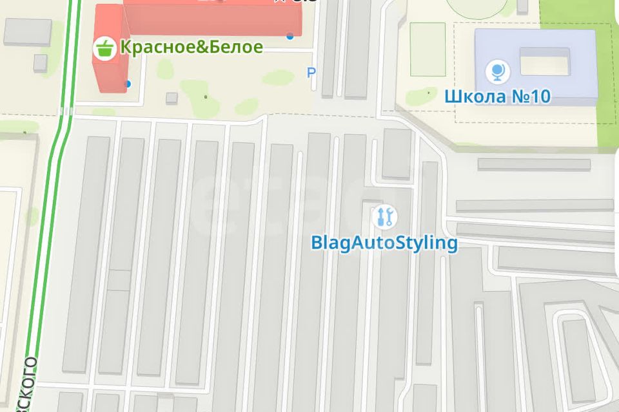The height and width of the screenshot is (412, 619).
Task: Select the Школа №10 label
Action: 497,97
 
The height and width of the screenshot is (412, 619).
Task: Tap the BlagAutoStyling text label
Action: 384,243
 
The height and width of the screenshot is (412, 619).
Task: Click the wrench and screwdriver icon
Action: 385,216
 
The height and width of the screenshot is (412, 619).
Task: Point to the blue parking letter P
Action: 311,73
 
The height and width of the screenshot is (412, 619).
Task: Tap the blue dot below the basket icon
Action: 128,84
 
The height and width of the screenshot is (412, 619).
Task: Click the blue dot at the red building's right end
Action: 290,35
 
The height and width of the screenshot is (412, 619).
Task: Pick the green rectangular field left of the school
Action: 427,48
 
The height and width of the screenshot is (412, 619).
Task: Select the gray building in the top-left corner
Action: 27,31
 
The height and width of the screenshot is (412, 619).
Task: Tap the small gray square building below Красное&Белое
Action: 172,98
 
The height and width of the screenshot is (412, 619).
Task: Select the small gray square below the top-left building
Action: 40,62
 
